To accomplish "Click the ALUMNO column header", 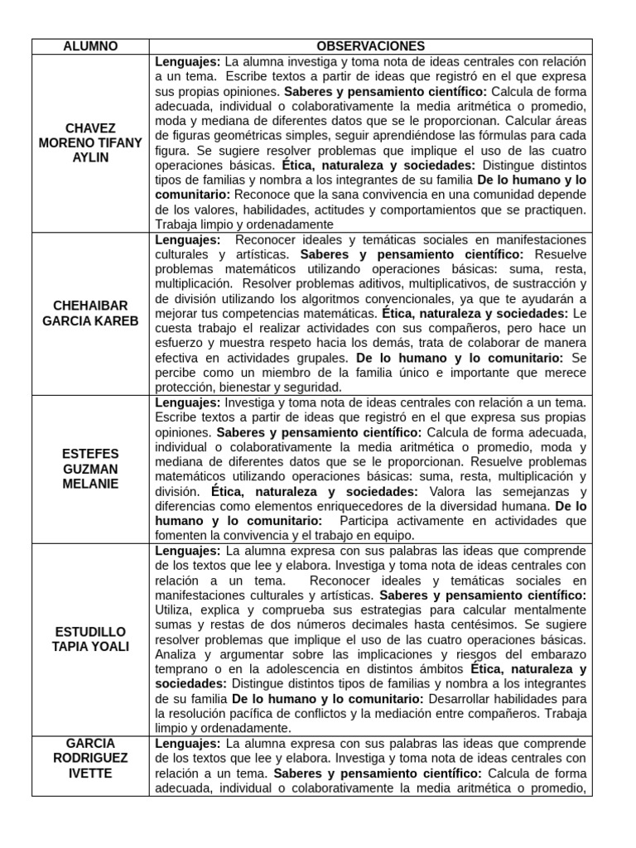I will [x=90, y=46].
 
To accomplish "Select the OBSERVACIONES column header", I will [x=370, y=46].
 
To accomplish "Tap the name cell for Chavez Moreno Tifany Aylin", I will [x=90, y=143].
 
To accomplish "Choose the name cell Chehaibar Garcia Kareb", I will [x=90, y=313].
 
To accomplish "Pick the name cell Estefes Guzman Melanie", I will [x=90, y=469].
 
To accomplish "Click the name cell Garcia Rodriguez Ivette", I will [x=90, y=758].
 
